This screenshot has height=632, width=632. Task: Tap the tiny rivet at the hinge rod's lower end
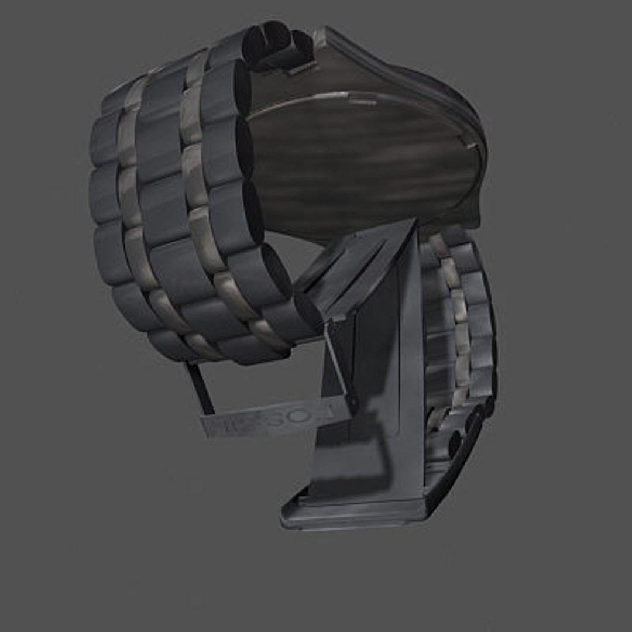coord(353,403)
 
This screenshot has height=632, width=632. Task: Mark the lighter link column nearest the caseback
coord(196,176)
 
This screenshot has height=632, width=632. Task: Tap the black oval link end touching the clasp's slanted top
coord(307,307)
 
